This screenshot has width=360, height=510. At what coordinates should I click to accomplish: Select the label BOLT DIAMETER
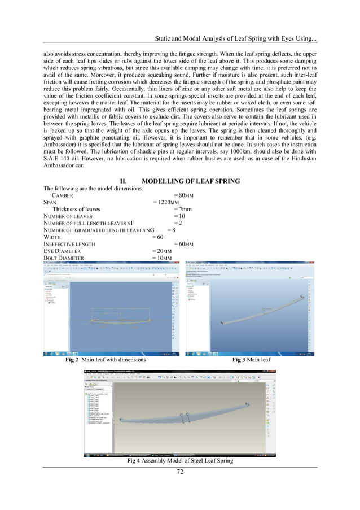click(x=64, y=258)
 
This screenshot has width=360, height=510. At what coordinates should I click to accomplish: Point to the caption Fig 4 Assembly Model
click(x=180, y=461)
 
